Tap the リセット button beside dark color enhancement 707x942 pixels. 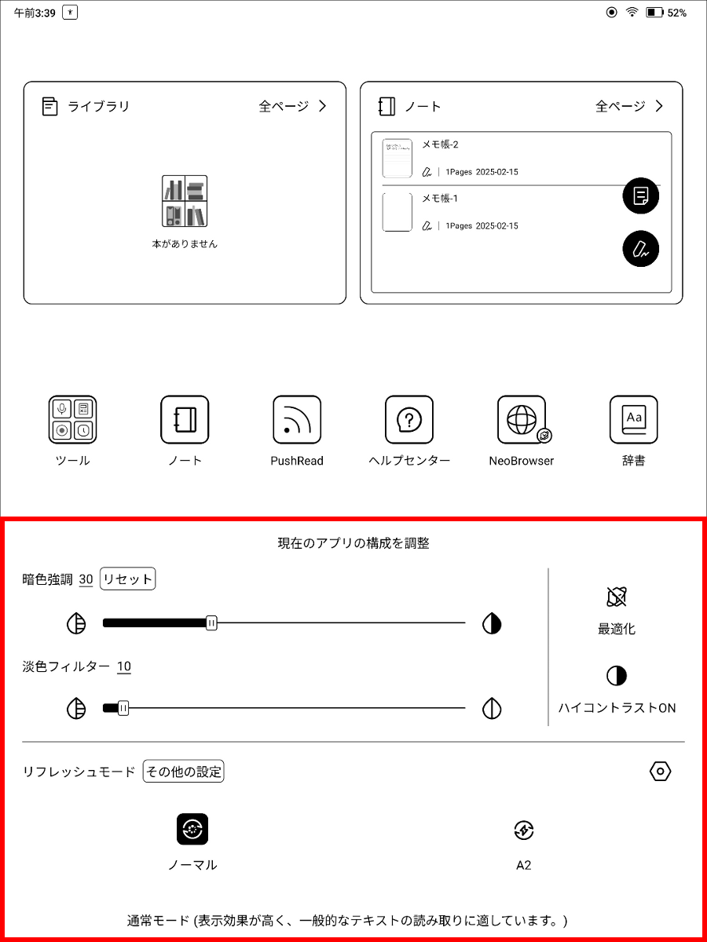pos(128,579)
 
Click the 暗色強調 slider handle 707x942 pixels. pos(211,623)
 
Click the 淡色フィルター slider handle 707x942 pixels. pos(123,709)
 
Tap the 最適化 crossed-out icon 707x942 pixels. pos(617,597)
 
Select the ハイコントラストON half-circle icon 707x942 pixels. pos(617,676)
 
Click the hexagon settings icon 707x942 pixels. pos(661,772)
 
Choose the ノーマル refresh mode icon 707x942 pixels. pos(192,829)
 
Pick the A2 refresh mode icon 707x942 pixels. pos(523,830)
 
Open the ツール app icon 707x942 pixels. pos(72,420)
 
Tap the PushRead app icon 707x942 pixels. pos(297,420)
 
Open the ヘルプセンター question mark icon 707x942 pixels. pos(409,420)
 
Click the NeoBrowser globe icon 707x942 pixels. pos(522,420)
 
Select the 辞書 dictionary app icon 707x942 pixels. pos(633,420)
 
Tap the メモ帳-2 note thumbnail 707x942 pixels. pos(397,158)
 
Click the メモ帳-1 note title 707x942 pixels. pos(440,199)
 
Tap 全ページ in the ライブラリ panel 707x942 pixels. pos(292,107)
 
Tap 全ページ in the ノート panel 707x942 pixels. pos(628,107)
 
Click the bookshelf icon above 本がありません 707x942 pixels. pos(185,202)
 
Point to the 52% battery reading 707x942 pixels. pos(676,13)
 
